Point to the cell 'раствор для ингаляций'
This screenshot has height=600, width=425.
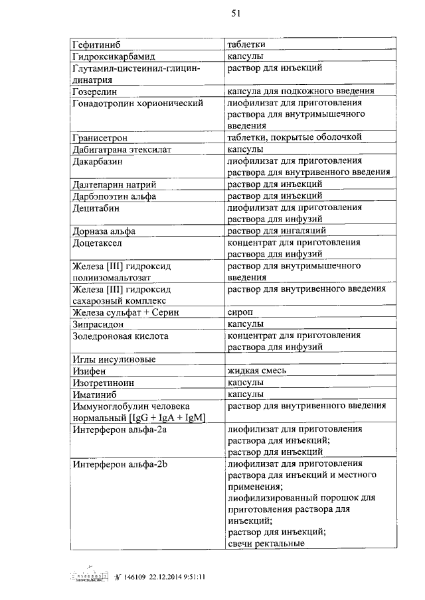click(276, 231)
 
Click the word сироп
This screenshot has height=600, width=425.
click(240, 312)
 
